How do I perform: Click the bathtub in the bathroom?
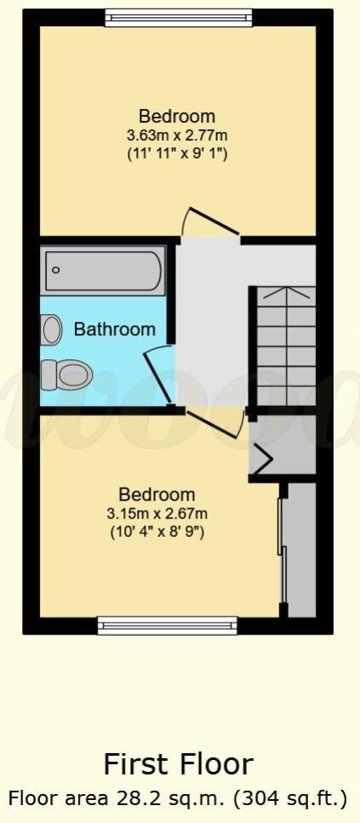point(103,270)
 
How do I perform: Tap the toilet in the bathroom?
point(66,373)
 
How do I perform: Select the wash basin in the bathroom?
point(52,329)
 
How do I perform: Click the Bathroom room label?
point(115,329)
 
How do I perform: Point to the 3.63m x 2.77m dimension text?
point(177,135)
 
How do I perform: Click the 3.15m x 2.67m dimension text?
point(157,513)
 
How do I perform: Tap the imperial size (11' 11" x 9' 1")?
point(177,154)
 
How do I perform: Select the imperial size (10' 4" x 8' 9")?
point(157,532)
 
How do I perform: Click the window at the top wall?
point(179,17)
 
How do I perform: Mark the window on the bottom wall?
point(167,626)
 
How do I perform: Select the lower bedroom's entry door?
point(214,421)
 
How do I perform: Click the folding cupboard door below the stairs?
point(263,460)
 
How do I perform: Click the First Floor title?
point(178,763)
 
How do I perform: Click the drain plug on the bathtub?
point(56,270)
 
